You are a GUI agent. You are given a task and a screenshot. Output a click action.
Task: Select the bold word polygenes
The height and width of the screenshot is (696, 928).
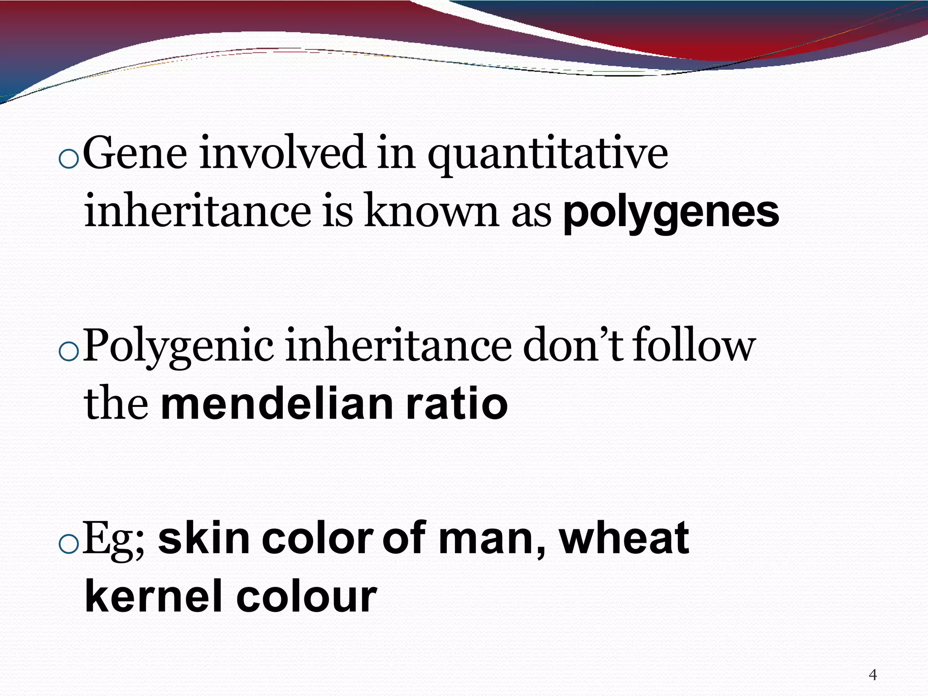pos(671,213)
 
